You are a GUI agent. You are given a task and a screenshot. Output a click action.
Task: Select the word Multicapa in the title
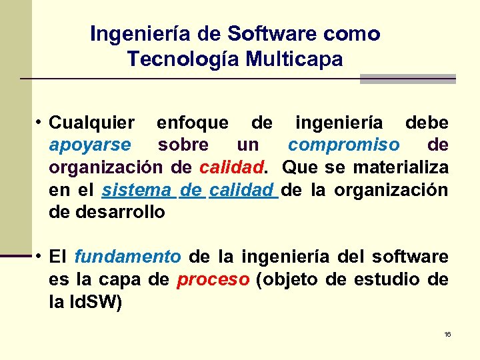coord(294,59)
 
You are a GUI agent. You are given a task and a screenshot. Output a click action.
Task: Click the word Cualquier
coord(92,123)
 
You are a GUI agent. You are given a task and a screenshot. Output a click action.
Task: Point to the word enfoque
coord(192,123)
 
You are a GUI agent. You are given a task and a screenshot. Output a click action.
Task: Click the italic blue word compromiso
coord(344,145)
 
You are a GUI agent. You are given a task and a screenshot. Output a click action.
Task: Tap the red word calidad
coord(227,167)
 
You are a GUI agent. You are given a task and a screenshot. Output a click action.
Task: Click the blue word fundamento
coord(127,257)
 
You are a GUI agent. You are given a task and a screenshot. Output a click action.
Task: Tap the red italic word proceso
coord(213,279)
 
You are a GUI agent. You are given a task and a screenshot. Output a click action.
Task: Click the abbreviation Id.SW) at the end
coord(94,302)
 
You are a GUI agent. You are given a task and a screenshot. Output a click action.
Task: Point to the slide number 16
coord(447,334)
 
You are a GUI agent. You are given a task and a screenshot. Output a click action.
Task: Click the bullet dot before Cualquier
coord(41,123)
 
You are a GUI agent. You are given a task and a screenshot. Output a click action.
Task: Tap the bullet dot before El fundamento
coord(41,256)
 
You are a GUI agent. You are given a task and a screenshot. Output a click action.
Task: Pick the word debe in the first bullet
coord(427,123)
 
